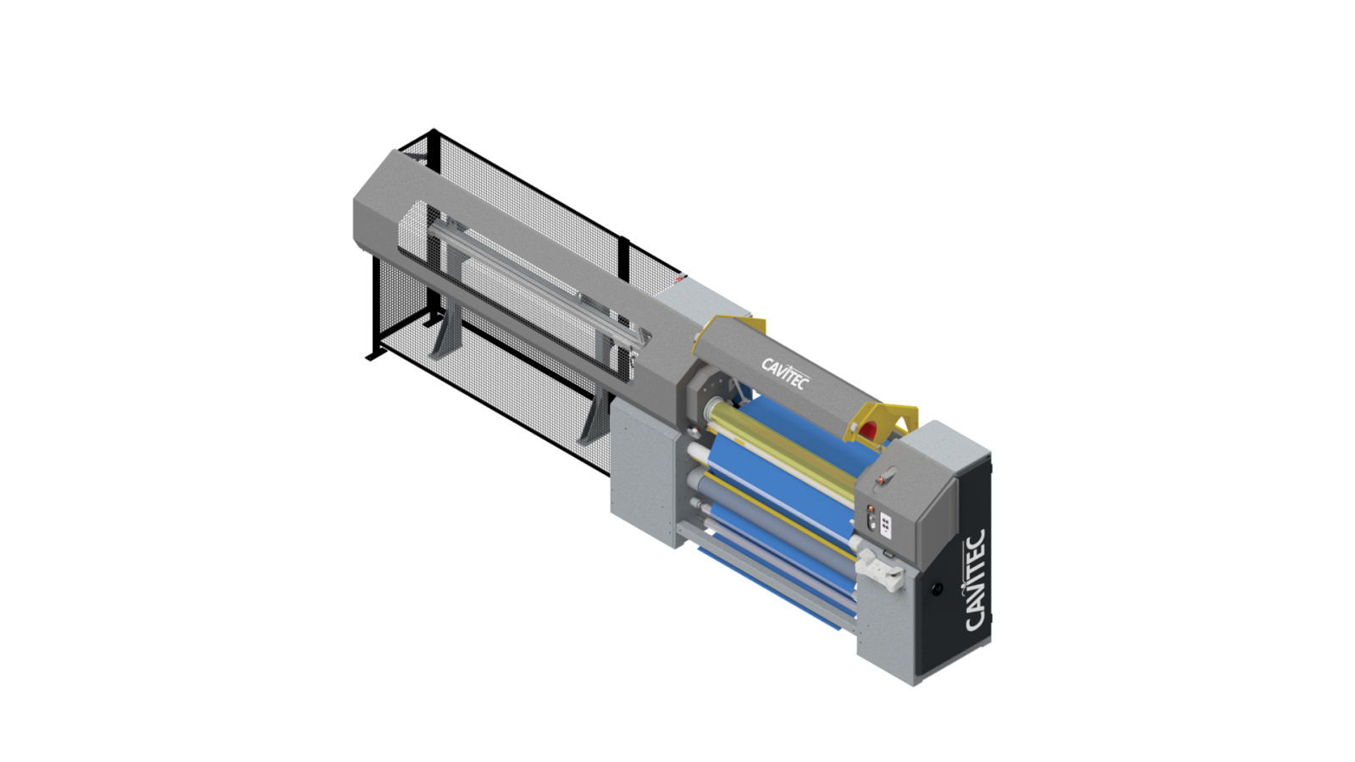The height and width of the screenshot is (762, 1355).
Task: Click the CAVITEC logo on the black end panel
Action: (x=975, y=580)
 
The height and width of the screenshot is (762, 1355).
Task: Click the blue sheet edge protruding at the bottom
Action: (x=762, y=567)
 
